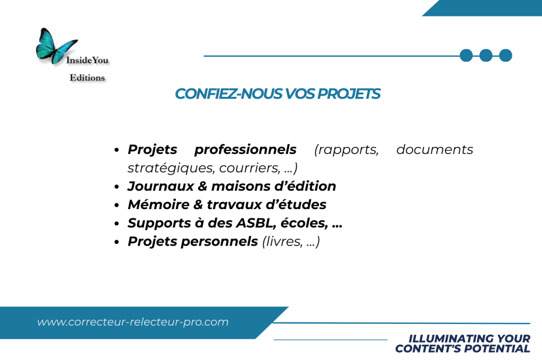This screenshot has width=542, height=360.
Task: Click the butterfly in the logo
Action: click(55, 46)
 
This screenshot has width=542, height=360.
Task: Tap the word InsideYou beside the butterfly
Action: click(87, 60)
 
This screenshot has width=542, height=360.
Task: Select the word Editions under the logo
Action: click(87, 77)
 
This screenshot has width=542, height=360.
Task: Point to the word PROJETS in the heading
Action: click(349, 94)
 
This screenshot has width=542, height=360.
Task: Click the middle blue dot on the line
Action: click(486, 55)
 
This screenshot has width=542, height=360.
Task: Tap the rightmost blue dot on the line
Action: click(505, 55)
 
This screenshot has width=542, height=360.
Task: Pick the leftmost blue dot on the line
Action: click(466, 55)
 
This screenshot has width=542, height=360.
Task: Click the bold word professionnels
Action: click(245, 150)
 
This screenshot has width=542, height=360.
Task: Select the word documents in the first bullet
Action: click(434, 150)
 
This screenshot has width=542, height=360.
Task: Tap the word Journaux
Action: click(161, 186)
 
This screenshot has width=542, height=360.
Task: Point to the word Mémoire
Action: click(158, 204)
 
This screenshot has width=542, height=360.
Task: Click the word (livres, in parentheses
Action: click(282, 241)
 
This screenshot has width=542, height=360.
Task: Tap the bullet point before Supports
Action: click(117, 223)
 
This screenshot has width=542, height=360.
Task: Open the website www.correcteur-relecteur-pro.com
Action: click(133, 322)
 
